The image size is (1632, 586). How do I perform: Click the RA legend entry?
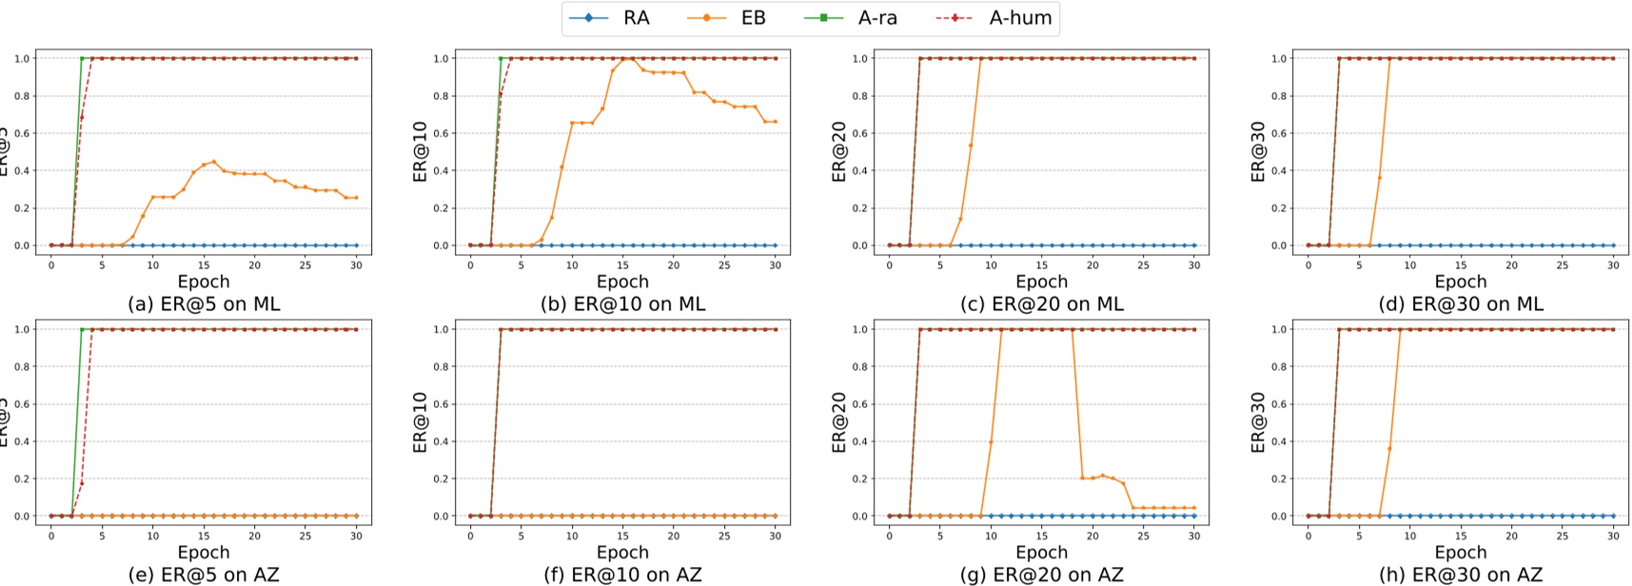click(636, 18)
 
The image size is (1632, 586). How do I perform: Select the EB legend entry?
click(752, 18)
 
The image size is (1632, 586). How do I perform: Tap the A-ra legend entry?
click(876, 18)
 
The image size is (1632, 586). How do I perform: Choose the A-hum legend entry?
click(1019, 18)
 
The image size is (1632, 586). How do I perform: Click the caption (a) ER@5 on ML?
click(204, 304)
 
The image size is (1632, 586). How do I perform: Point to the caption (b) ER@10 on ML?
click(622, 304)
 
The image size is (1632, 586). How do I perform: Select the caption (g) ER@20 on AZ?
click(1041, 575)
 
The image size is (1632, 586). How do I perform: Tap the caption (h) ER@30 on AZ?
click(1461, 575)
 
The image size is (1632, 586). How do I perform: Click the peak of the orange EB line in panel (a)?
click(213, 162)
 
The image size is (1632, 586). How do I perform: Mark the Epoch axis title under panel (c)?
click(1041, 282)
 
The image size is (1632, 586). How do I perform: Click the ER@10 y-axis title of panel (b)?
click(420, 151)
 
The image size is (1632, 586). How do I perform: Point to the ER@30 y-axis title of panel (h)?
click(1258, 422)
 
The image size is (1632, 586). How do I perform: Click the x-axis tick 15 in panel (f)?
click(622, 536)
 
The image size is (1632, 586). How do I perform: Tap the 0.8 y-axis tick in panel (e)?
click(21, 366)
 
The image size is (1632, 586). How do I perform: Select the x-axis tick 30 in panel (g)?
click(1194, 536)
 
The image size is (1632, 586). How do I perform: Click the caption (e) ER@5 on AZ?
click(204, 575)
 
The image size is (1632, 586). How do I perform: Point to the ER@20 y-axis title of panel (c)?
click(838, 151)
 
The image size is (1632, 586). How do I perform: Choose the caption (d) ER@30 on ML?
click(1461, 304)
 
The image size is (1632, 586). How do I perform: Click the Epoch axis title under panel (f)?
click(622, 553)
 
